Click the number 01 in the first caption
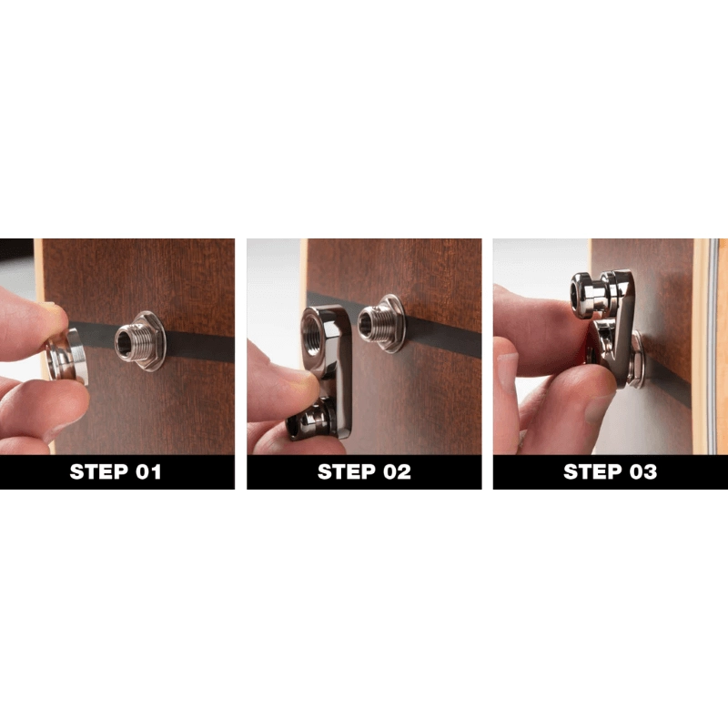pos(145,472)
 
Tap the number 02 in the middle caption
pos(391,472)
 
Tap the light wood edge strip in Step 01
pos(39,273)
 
